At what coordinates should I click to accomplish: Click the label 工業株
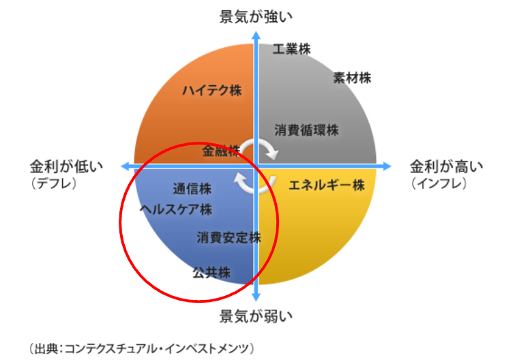[291, 49]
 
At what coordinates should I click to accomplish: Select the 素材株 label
[353, 78]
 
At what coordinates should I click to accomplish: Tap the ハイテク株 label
[212, 90]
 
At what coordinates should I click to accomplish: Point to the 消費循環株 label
[306, 130]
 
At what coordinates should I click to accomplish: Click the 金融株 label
[221, 151]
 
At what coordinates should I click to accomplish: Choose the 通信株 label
[192, 189]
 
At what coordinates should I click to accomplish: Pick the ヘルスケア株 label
[176, 209]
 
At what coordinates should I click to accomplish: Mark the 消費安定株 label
[229, 238]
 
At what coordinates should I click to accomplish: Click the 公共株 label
[211, 272]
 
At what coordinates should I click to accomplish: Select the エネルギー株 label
[327, 185]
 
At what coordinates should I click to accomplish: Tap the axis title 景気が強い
[256, 16]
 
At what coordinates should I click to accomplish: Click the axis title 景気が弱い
[256, 316]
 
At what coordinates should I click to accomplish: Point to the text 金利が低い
[66, 166]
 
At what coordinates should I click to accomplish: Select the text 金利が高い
[447, 166]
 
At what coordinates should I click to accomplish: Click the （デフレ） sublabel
[54, 183]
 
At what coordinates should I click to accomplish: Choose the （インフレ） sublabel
[439, 183]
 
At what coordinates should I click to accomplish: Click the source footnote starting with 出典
[141, 348]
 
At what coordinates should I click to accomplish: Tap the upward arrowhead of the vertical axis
[256, 35]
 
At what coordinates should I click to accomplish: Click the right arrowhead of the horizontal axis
[387, 166]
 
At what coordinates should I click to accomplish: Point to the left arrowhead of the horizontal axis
[126, 166]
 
